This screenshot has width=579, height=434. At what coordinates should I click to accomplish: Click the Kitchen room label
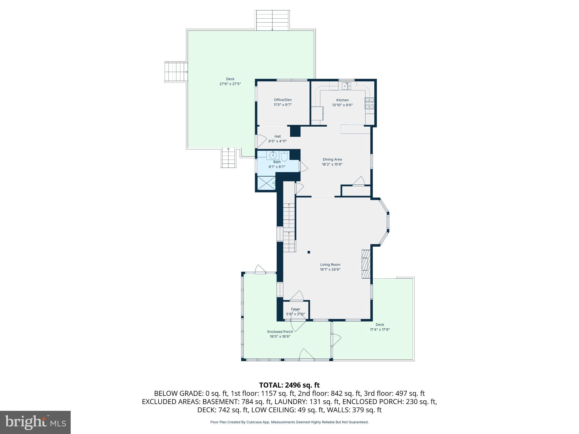pos(342,100)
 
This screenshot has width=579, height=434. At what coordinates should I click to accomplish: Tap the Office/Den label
pos(282,100)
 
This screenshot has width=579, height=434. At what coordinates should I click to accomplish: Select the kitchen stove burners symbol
pos(369,103)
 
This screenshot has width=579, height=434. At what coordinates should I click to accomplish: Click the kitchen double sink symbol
pos(346,86)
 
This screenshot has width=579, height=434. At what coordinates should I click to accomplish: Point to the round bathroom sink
pos(273,155)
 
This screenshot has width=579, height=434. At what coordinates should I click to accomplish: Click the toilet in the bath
pos(284,156)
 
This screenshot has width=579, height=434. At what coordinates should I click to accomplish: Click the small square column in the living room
pos(309,252)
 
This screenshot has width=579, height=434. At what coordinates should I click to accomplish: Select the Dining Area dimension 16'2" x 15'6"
pos(332,164)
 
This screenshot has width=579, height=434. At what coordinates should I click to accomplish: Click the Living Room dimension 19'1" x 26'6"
pos(330,269)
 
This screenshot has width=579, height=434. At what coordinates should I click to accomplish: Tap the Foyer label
pos(296,309)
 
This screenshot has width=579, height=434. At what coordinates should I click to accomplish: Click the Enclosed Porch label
pos(280,332)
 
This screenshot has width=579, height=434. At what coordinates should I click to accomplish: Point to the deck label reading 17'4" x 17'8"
pos(380,329)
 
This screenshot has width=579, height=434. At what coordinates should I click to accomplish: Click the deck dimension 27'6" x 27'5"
pos(230,84)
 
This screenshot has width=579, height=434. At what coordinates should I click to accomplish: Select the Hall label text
pos(277,136)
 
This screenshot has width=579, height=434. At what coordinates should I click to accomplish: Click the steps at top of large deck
pos(272,20)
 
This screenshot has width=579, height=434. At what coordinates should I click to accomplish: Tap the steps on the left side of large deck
pos(176,72)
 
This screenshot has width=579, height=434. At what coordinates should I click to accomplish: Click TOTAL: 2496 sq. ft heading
pos(289,385)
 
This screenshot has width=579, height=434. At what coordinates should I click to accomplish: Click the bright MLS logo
pos(35,422)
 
